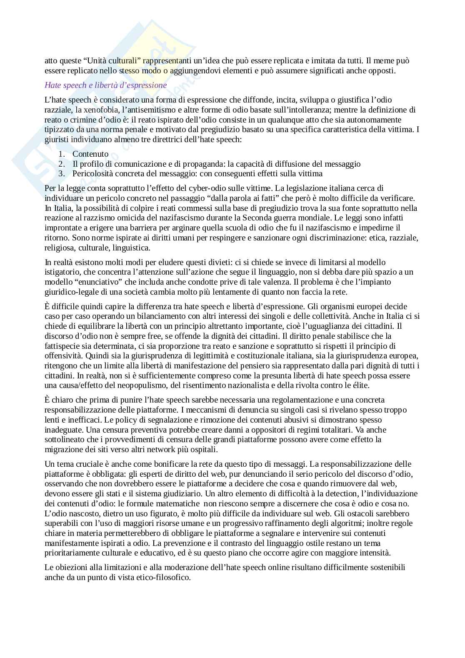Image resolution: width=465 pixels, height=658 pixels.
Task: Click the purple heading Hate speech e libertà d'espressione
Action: tap(105, 85)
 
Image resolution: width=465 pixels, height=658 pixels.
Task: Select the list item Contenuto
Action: tap(90, 154)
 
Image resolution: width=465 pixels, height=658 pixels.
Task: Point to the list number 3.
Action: tap(61, 174)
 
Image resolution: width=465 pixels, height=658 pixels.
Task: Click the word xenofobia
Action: tap(90, 110)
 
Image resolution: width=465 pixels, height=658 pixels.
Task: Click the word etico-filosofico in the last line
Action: tap(163, 577)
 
